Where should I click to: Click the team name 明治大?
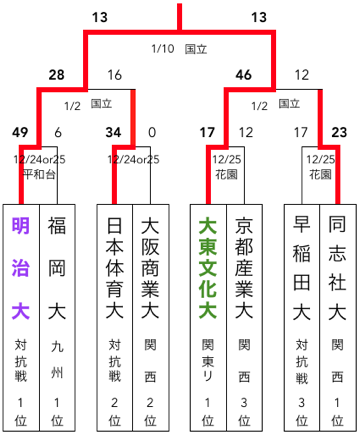(20, 269)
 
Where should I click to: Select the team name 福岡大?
(58, 269)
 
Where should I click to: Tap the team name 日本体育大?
(114, 269)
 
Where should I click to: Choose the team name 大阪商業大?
(151, 269)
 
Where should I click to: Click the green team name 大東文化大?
(207, 269)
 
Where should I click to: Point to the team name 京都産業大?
(245, 269)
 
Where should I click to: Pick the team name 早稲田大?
(301, 269)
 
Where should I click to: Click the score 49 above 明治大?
(21, 131)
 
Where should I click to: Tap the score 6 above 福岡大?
(58, 131)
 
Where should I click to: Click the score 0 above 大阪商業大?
(151, 131)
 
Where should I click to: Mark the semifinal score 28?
(56, 75)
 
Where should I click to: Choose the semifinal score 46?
(243, 75)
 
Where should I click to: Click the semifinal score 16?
(114, 75)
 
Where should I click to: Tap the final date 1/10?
(162, 47)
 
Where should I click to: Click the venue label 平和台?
(39, 172)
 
